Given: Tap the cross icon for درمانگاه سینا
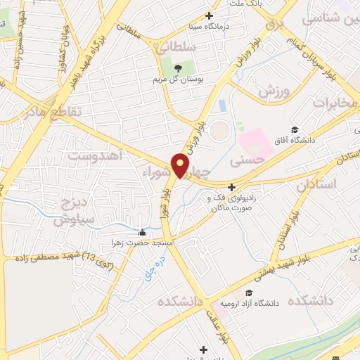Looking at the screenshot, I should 209,15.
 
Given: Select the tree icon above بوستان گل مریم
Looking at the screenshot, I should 178,68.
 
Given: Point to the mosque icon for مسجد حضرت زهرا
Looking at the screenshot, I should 143,233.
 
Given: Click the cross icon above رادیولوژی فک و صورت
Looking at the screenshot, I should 231,187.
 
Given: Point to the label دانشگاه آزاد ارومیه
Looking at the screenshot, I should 250,304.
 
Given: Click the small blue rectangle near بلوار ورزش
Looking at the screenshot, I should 222,105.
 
